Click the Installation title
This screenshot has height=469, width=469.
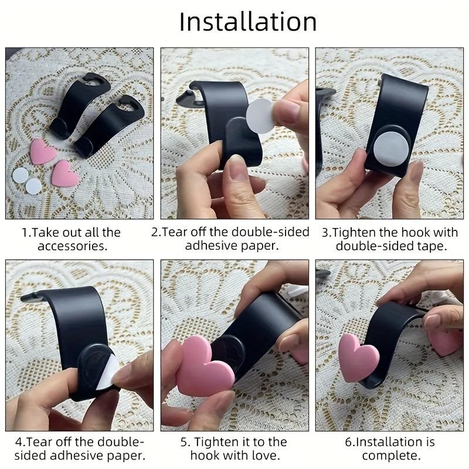click(247, 22)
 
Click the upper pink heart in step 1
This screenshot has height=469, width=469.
click(43, 151)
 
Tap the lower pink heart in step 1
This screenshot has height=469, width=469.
click(65, 174)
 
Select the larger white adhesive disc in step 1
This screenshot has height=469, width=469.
click(21, 175)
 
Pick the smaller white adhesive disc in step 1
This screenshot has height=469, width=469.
click(33, 186)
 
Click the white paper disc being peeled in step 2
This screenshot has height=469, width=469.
click(260, 115)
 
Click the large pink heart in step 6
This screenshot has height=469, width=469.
click(358, 358)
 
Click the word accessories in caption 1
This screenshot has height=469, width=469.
click(73, 246)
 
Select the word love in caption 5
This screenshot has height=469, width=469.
click(265, 456)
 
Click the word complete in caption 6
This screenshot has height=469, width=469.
click(391, 456)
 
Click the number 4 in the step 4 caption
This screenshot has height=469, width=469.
click(19, 442)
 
